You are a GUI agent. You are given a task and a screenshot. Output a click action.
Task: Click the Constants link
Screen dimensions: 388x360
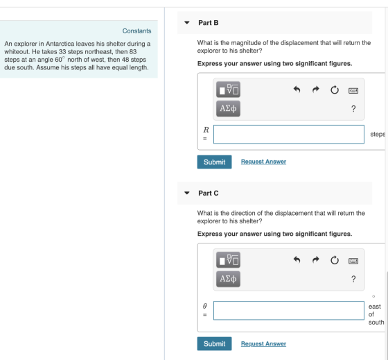tap(136, 31)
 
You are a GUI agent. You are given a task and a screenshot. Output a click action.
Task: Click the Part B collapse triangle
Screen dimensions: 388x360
tap(187, 23)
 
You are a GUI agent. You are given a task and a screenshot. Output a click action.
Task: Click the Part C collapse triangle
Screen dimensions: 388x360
tap(187, 193)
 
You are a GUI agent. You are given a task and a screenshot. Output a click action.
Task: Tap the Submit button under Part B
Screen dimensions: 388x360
tap(214, 162)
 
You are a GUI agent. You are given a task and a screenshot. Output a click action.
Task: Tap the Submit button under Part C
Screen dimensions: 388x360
tap(214, 343)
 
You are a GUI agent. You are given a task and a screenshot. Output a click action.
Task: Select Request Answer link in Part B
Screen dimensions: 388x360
tap(263, 162)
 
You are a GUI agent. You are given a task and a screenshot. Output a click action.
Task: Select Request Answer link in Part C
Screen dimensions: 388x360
tap(263, 343)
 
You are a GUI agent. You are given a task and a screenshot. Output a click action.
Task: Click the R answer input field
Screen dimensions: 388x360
tap(289, 135)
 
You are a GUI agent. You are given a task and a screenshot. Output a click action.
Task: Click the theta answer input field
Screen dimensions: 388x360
tap(289, 311)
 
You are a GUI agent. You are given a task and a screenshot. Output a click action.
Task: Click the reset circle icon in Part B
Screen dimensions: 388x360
tap(335, 89)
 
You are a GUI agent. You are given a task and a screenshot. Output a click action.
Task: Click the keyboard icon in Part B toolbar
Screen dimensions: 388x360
tap(353, 91)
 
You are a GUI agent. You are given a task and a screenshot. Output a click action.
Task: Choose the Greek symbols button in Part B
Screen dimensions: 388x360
tap(228, 108)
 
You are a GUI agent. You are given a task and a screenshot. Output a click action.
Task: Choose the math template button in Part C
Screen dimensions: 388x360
tap(228, 260)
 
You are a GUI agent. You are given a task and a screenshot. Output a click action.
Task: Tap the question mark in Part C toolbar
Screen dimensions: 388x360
tap(353, 279)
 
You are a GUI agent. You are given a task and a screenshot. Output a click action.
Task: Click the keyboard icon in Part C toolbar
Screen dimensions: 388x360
tap(353, 261)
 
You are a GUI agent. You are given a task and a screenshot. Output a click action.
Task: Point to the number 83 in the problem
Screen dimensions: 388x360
tap(133, 52)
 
